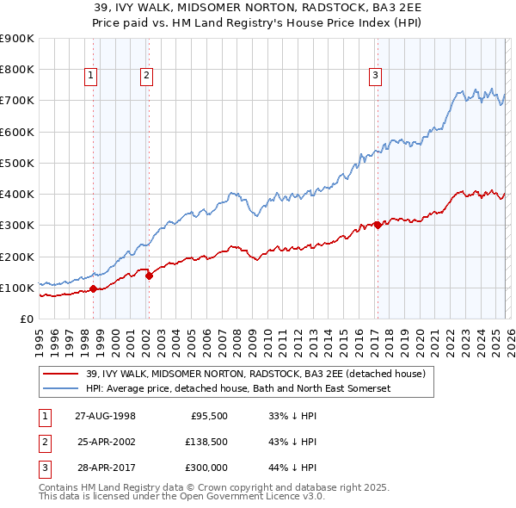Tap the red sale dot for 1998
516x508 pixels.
click(93, 288)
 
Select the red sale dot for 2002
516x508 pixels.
click(149, 276)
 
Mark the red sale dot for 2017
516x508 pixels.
click(377, 226)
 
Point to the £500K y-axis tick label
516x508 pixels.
click(17, 163)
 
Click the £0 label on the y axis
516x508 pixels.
click(27, 319)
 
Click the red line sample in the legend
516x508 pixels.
click(60, 375)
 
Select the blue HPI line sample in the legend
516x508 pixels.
click(60, 389)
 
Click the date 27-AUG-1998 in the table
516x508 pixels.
click(105, 415)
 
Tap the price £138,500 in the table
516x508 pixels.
click(206, 442)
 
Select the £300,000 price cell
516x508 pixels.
click(206, 468)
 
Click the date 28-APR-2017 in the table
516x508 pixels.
click(105, 468)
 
